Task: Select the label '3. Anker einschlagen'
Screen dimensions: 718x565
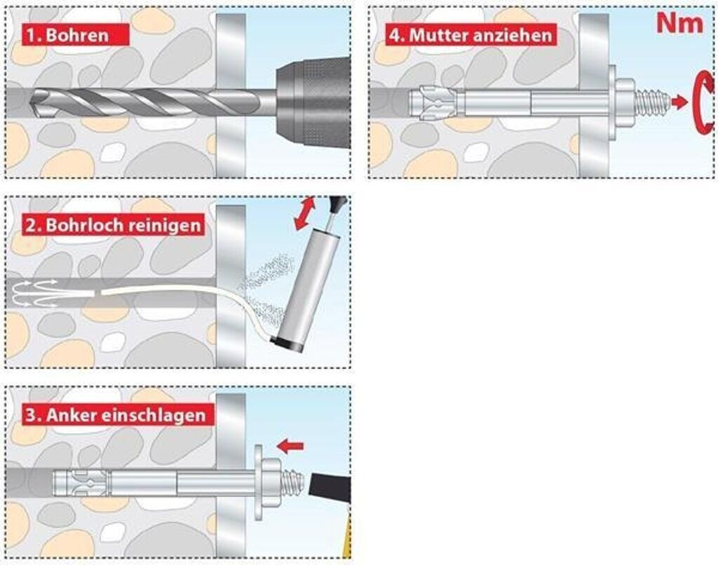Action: coord(116,414)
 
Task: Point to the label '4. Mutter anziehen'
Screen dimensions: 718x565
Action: coord(470,34)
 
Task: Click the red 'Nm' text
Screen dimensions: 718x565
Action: coord(679,23)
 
